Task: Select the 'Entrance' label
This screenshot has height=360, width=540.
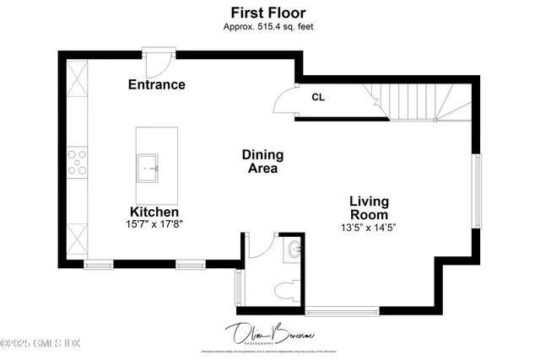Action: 156,84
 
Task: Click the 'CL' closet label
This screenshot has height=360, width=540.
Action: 318,97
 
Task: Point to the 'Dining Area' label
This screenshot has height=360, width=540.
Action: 262,161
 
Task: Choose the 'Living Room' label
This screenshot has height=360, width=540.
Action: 370,208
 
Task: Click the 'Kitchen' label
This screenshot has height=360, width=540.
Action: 154,212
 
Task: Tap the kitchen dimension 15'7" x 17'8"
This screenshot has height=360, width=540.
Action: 154,224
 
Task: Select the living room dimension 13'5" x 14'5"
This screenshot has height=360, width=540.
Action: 370,227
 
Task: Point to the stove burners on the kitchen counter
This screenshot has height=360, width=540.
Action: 78,162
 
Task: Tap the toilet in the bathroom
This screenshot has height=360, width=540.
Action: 287,288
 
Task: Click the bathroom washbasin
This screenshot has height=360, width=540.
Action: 293,250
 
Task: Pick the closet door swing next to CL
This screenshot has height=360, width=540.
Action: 286,99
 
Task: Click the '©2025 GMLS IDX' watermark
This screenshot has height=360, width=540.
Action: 40,343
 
